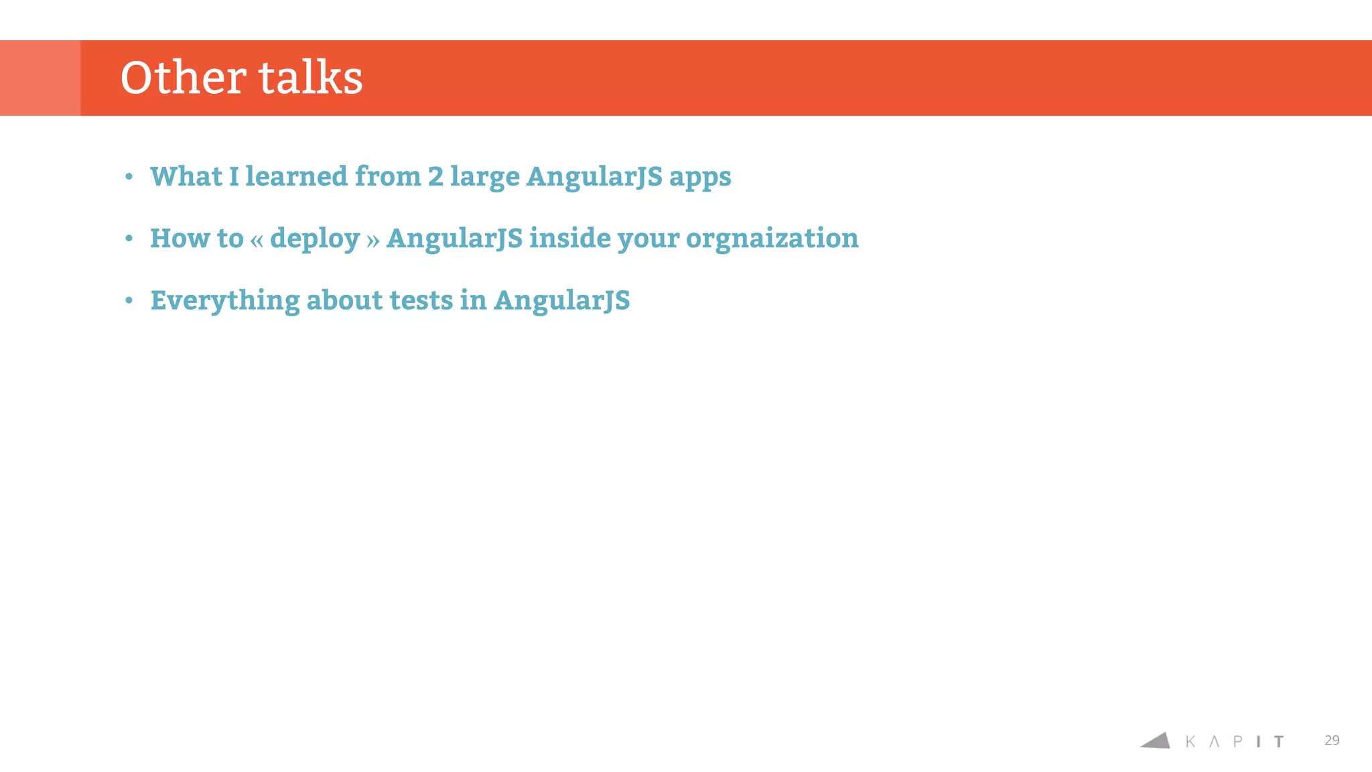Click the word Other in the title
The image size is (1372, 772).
pos(183,78)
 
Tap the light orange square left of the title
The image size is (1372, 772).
pos(40,78)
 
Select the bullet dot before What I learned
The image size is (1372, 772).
pos(129,177)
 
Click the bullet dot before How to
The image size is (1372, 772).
pos(129,239)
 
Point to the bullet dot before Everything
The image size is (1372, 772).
pos(129,301)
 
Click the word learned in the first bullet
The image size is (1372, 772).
pos(296,176)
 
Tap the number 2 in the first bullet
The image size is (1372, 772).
pos(435,177)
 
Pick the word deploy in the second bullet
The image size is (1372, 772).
pos(315,239)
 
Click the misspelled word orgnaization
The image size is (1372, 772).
pos(772,239)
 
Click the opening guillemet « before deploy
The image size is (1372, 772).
pos(257,240)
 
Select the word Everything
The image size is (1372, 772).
pos(224,301)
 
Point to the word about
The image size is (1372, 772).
pos(344,300)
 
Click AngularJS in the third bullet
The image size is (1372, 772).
pos(561,301)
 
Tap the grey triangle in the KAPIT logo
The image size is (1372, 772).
pos(1157,741)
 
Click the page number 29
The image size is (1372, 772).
pos(1331,741)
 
